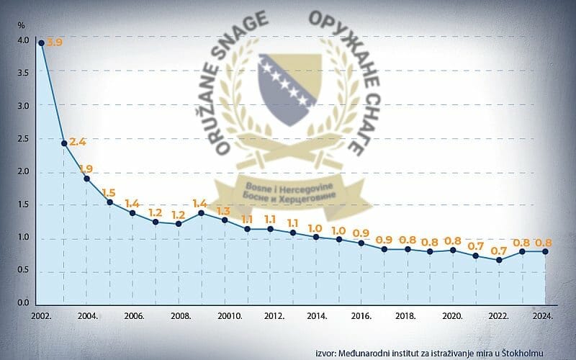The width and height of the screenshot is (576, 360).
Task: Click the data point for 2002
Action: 41,43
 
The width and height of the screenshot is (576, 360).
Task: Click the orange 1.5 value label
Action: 109,192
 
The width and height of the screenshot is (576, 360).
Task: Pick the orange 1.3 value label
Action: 223,211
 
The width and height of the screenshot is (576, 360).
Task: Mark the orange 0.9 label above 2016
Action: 361,233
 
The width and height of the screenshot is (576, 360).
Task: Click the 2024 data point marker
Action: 544,251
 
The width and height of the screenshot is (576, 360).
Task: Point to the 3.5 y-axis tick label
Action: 23,73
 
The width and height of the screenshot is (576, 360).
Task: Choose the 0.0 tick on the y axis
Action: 23,303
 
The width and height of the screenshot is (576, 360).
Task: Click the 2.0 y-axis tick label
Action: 23,171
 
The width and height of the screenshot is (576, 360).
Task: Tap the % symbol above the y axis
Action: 22,26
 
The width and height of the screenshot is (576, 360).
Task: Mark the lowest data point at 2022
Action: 499,260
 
